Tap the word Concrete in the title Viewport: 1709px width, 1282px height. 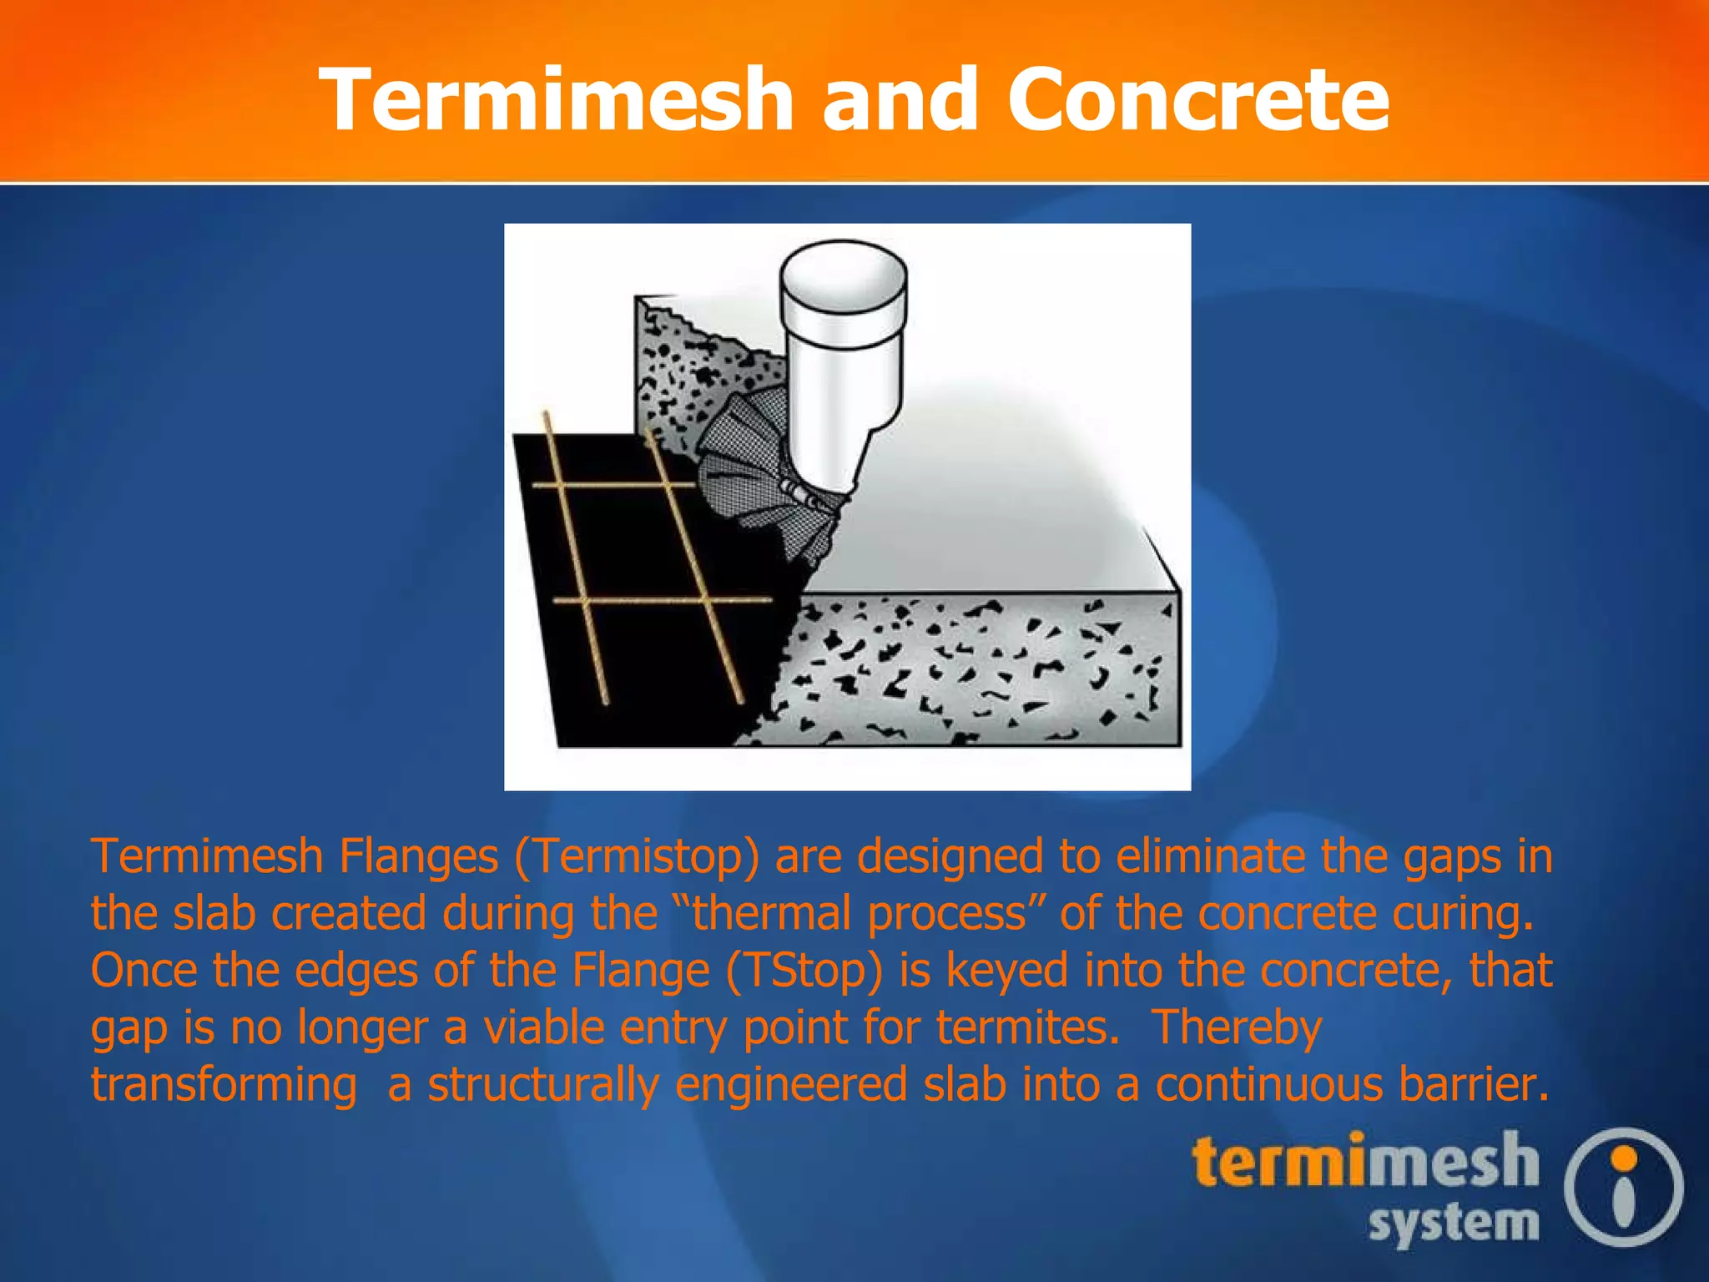pos(1198,99)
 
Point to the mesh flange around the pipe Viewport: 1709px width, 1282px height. pos(743,467)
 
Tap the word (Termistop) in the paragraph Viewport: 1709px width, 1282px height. pos(637,856)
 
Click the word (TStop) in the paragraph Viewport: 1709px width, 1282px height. pos(804,970)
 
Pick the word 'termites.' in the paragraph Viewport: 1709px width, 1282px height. pos(1027,1027)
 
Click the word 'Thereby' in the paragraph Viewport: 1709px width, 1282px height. pos(1237,1027)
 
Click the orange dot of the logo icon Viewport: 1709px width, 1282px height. pos(1624,1158)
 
